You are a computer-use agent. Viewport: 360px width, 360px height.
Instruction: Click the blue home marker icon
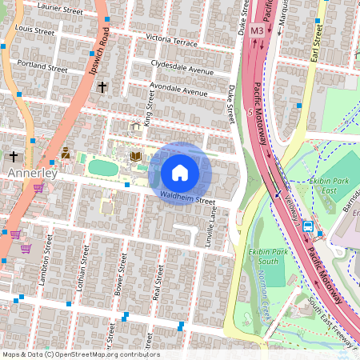coord(180,173)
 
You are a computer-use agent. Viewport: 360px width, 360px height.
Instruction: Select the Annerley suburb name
coord(31,172)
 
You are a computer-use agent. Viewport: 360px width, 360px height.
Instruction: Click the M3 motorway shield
coord(257,30)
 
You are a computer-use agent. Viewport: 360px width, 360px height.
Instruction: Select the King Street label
coord(147,108)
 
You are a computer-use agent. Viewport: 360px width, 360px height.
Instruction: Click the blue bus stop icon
coord(307,226)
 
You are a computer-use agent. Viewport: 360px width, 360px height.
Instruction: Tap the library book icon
coord(136,156)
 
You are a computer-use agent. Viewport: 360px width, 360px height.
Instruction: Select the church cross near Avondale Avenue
coord(102,86)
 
